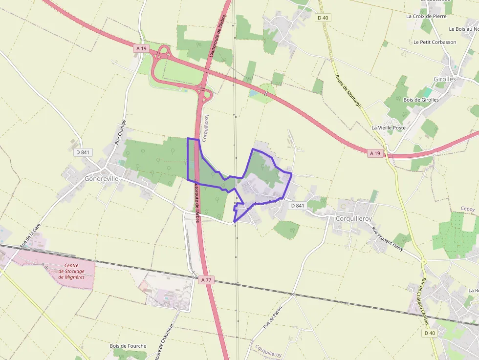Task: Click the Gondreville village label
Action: [102, 179]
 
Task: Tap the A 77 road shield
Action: [206, 280]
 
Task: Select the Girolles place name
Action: [444, 79]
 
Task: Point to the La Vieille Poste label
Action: [389, 128]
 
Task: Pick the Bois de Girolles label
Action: [421, 100]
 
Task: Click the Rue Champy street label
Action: [120, 132]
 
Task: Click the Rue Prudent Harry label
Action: [388, 239]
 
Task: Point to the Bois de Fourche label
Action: [128, 346]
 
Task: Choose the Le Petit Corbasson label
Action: [435, 42]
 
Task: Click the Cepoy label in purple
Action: [468, 209]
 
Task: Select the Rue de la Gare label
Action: [29, 236]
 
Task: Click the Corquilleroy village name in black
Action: [353, 219]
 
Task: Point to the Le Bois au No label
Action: [463, 29]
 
